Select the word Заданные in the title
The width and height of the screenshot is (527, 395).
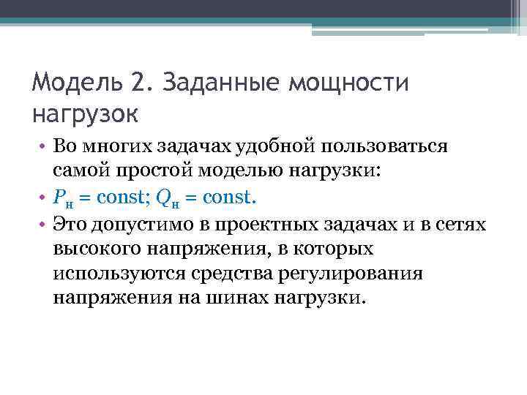point(214,83)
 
